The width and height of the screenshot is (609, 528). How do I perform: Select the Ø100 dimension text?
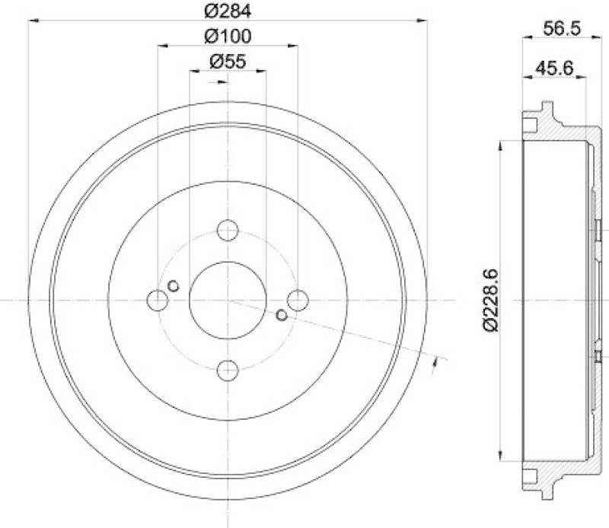coord(228,36)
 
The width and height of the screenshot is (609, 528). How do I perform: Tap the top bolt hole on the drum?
coord(228,230)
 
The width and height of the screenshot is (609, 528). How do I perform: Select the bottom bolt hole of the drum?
coord(228,371)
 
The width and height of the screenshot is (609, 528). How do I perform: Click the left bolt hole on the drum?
coord(158,301)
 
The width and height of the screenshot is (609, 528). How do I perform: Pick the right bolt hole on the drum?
coord(298,301)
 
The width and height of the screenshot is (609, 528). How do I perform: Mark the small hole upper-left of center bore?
coord(174,286)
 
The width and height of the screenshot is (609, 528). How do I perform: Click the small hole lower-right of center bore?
coord(282,315)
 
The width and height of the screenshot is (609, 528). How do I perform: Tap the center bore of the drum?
coord(228,301)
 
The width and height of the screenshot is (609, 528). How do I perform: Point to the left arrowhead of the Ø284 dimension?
coord(32,21)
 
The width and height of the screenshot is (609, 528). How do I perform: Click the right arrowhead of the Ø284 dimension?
coord(423,21)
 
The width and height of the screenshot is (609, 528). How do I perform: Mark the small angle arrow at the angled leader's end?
coord(434,364)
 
